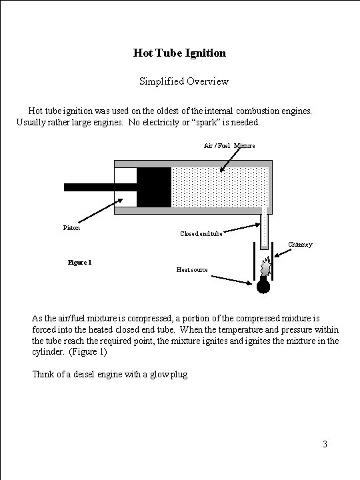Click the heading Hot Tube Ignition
tap(180, 53)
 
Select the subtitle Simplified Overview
tap(184, 81)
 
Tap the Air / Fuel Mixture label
tap(229, 146)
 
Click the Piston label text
tap(71, 227)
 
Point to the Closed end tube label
tap(201, 234)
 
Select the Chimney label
tap(300, 244)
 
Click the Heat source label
tap(192, 270)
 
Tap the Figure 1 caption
tap(79, 263)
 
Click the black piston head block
tap(154, 187)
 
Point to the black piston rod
tap(101, 187)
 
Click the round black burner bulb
tap(263, 286)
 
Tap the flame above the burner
tap(266, 266)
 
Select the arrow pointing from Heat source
tap(231, 280)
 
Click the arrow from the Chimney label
tap(283, 253)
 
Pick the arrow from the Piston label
tap(101, 211)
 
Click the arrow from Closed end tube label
tap(242, 228)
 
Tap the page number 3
tap(325, 444)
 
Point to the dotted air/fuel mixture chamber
tap(220, 187)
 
